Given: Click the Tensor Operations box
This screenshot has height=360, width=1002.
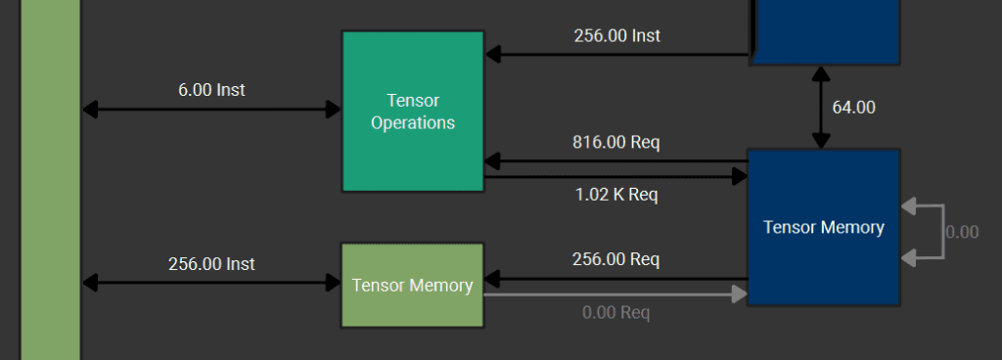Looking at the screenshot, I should coord(412,157).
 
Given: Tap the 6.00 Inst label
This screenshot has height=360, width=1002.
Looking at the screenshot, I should coord(211,90).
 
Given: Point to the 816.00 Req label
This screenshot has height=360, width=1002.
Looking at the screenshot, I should coord(615,143).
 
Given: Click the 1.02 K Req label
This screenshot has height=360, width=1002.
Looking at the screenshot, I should coord(615,195).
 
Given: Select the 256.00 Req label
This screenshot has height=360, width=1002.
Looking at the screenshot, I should coord(615,259).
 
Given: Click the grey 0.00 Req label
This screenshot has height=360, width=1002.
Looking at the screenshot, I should coord(615,313).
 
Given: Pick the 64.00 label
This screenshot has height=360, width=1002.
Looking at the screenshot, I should coord(853,108).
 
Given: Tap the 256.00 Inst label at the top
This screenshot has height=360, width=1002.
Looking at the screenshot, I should coord(616,36).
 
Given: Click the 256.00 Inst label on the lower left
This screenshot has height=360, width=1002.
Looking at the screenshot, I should coord(211,264).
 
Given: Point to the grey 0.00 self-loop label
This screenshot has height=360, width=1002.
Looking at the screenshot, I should coord(962,232).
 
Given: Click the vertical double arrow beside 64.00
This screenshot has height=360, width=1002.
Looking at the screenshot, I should coord(820,108).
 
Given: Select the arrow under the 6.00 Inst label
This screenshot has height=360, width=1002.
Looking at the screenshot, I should coord(211,110).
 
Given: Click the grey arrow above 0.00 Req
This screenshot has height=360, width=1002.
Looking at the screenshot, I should coord(615,293).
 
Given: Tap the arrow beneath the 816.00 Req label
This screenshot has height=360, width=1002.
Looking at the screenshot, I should coord(615,160).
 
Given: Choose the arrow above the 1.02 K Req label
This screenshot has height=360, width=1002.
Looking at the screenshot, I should coord(615,177).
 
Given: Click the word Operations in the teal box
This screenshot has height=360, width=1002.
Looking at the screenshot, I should coord(413,123).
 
